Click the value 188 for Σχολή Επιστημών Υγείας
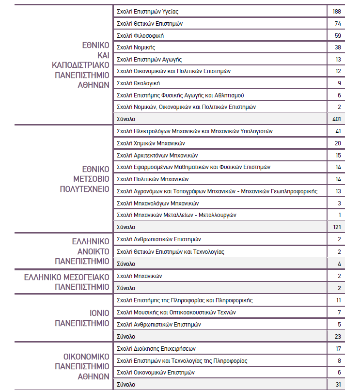click(337, 11)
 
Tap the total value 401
click(337, 119)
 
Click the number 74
click(338, 23)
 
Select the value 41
click(338, 131)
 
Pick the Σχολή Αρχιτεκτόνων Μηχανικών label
click(158, 155)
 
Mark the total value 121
click(337, 227)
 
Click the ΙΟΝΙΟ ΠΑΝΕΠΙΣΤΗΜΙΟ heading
click(81, 318)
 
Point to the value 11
click(338, 300)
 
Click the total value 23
click(338, 336)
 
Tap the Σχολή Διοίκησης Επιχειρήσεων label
click(157, 348)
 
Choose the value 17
click(338, 348)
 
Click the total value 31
click(338, 384)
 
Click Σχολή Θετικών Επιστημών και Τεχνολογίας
click(171, 252)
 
